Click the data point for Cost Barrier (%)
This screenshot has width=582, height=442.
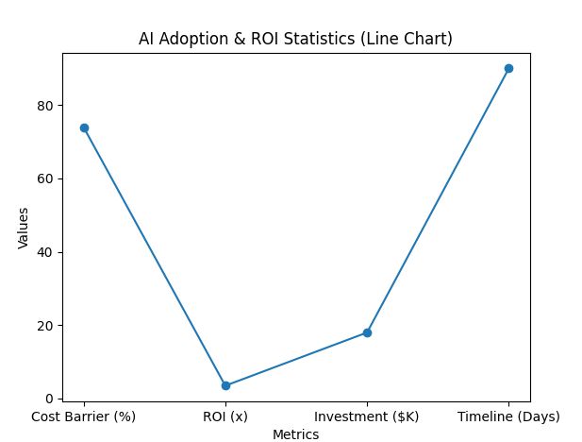(84, 127)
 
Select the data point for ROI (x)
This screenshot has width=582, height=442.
(225, 385)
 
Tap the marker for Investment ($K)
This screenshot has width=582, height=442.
(367, 332)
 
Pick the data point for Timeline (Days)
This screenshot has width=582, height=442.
(508, 68)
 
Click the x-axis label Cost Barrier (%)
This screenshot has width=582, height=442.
(84, 416)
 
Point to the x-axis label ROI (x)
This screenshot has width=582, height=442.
(225, 416)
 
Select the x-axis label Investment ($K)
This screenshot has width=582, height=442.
(367, 416)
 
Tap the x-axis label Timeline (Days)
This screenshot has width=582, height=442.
(508, 416)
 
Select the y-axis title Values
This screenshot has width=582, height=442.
(24, 228)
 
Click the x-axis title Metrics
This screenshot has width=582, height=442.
(296, 434)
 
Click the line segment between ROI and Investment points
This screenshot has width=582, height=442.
(296, 359)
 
